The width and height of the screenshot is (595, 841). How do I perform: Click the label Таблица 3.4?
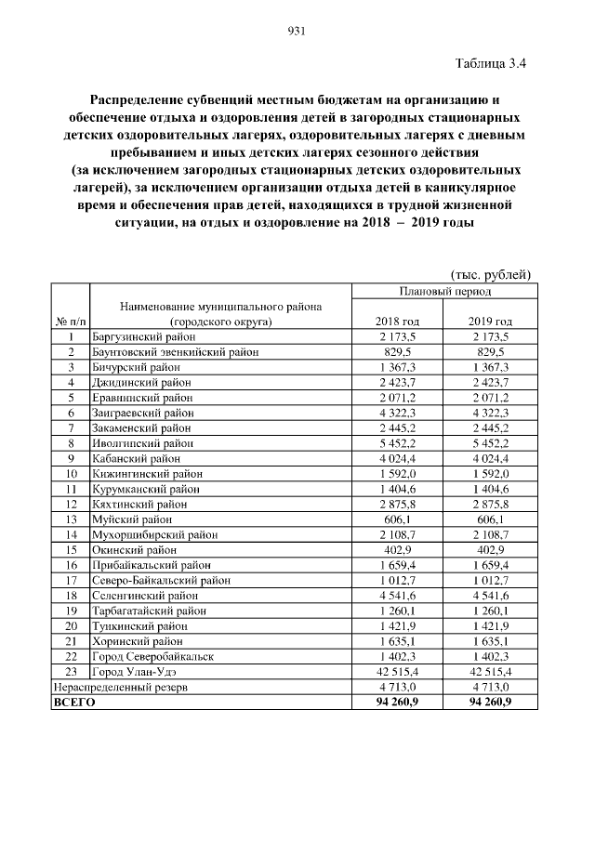(492, 64)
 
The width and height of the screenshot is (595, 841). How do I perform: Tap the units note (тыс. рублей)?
(490, 274)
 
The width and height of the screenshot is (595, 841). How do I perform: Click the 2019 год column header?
(489, 321)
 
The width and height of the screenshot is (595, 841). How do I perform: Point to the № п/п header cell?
(70, 321)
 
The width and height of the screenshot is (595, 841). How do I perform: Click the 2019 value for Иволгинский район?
(489, 443)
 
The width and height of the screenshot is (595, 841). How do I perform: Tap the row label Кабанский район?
(135, 458)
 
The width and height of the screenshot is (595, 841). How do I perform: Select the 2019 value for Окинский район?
(489, 549)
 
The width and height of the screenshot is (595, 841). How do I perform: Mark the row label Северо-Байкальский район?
(160, 580)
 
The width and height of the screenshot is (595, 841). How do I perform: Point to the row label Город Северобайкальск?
(152, 656)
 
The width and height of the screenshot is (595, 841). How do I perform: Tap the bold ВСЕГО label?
(73, 703)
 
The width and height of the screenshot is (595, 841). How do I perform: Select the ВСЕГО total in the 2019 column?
(489, 703)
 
